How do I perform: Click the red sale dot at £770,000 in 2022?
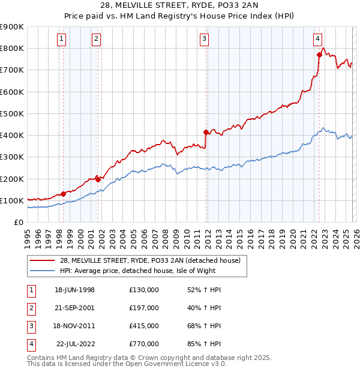tap(319, 55)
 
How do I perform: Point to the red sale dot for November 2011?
tap(206, 131)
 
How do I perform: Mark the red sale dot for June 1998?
tap(63, 194)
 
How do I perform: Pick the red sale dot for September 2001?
tap(98, 179)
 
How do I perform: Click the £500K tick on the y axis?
tap(12, 113)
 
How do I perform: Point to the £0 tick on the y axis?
tap(18, 222)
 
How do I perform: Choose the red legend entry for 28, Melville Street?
tap(150, 260)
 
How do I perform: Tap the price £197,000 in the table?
tap(143, 308)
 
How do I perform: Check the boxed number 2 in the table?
tap(30, 308)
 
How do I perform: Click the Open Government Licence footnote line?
tap(127, 364)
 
